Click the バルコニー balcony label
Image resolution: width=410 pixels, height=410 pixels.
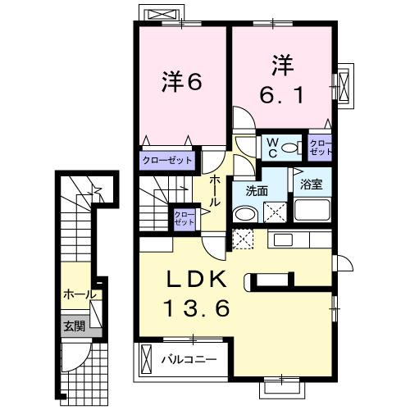point(188,359)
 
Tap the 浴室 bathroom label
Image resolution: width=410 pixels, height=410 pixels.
point(312,184)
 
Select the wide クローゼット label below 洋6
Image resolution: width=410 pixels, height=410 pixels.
point(168,161)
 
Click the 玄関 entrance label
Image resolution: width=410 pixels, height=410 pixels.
point(75,326)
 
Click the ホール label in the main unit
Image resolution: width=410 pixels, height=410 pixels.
point(214,189)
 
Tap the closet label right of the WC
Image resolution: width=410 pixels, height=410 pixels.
point(321,147)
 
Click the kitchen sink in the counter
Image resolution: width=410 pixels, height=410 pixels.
point(283,239)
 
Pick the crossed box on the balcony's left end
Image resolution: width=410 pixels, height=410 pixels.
point(147,358)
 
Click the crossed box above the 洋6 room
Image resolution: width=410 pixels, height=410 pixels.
point(158,14)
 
